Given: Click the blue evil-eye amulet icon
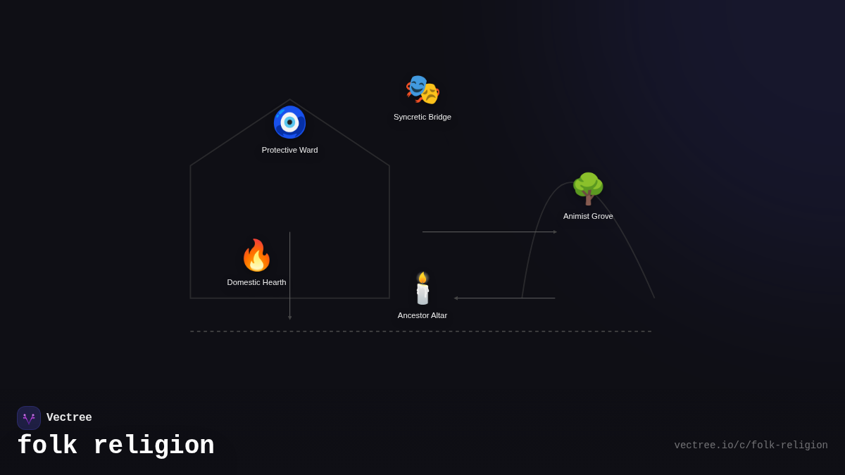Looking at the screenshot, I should coord(289,122).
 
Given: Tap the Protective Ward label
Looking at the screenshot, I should coord(289,150).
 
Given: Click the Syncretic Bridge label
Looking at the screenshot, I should coord(423,117).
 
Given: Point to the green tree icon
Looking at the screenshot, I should coord(588,188).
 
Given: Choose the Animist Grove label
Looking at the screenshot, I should coord(588,216).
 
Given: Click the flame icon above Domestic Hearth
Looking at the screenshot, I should coord(256,255).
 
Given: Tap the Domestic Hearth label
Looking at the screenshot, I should coord(256,282).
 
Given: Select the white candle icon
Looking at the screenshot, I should coord(423,290).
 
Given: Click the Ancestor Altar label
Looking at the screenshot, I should coord(423,315).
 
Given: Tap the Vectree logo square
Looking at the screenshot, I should coord(29,418).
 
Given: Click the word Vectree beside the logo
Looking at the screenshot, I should coord(69,418).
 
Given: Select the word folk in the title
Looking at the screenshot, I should coord(47,446).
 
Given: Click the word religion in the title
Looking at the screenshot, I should coord(154,446).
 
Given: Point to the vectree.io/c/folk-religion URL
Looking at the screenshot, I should coord(751,445).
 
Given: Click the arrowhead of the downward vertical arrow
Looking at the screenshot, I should coord(289,318).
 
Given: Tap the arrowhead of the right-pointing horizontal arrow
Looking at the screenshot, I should coord(555,232).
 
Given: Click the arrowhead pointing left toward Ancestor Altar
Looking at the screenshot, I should coord(456,298).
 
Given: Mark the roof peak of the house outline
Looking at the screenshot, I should coord(289,100).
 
